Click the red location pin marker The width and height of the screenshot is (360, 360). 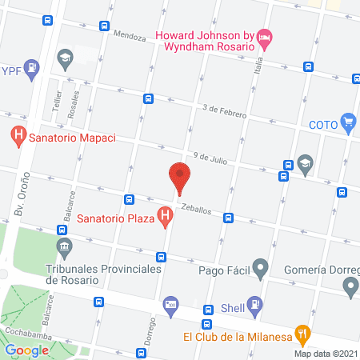click(180, 177)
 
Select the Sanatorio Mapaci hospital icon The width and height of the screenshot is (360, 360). click(18, 137)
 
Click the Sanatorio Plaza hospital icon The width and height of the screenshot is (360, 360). click(165, 216)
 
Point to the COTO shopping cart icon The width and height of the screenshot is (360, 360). click(348, 124)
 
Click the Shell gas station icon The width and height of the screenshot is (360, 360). click(254, 304)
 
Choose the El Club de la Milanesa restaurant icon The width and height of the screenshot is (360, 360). click(302, 334)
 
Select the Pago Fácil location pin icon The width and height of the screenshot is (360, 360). click(260, 268)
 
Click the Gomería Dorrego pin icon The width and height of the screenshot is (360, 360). click(350, 286)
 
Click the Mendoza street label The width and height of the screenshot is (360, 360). click(130, 36)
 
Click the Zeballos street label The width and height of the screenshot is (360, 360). click(195, 208)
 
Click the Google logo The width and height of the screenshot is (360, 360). click(27, 350)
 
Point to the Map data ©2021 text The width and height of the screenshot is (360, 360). click(326, 354)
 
